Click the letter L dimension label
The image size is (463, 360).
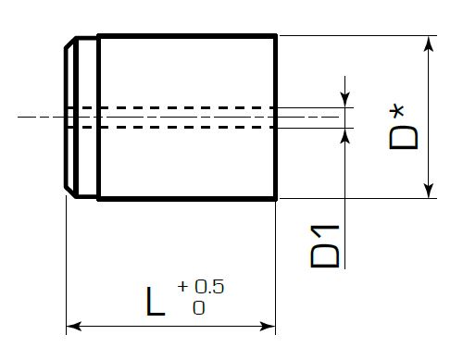pyautogui.click(x=156, y=302)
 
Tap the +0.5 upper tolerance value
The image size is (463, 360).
pyautogui.click(x=201, y=287)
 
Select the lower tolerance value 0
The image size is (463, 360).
pyautogui.click(x=199, y=307)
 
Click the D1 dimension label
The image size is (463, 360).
pyautogui.click(x=325, y=246)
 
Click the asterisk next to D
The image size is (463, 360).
pyautogui.click(x=397, y=112)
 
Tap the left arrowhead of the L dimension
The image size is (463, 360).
pyautogui.click(x=74, y=326)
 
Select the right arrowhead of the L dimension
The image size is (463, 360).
pyautogui.click(x=268, y=326)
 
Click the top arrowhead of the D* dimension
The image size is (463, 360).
pyautogui.click(x=429, y=43)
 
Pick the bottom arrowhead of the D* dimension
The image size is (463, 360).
pyautogui.click(x=429, y=191)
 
